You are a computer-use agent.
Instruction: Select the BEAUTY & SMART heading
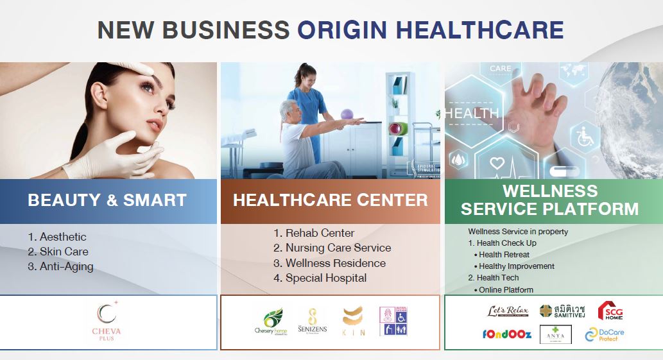tap(107, 200)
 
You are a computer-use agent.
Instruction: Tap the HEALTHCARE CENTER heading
tap(330, 200)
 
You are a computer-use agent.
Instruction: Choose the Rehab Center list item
tap(314, 233)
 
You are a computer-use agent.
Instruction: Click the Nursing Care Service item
tap(332, 248)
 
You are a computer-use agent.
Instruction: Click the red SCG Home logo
tap(610, 311)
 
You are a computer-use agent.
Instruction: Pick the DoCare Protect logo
tap(605, 334)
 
